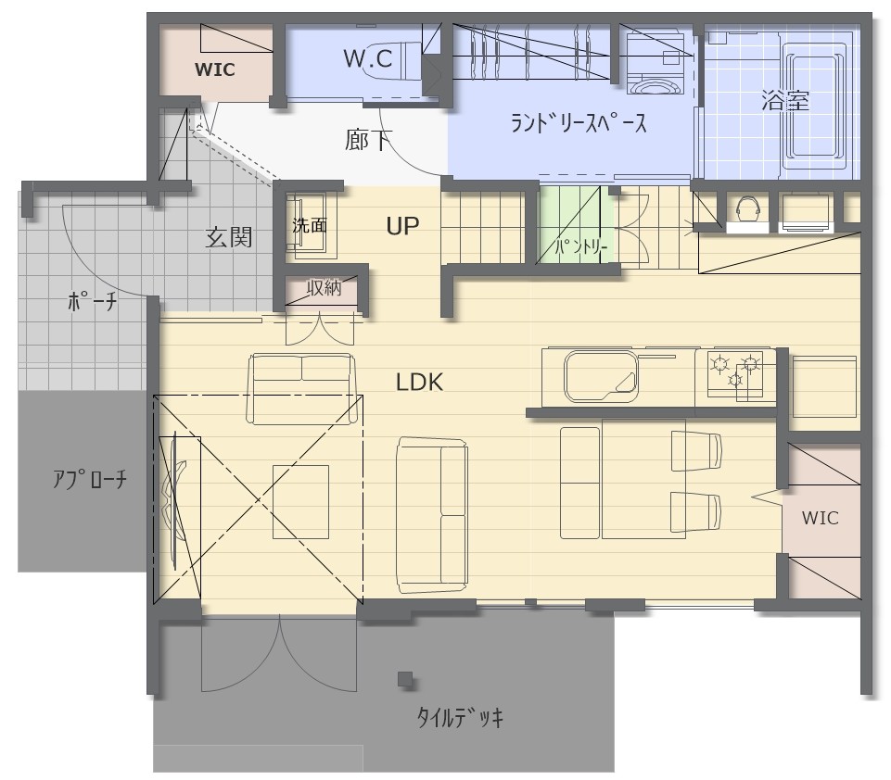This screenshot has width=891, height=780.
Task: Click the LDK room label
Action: point(419,382)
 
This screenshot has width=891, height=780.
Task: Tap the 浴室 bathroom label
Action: point(784,101)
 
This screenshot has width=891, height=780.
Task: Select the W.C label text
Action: point(368,58)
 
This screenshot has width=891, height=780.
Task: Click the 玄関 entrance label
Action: point(228,237)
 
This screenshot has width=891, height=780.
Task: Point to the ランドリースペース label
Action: point(579,122)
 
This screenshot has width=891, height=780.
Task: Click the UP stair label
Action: point(402,226)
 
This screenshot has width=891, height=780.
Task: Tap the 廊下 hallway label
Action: point(368,140)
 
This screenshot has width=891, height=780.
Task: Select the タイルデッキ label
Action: point(460,718)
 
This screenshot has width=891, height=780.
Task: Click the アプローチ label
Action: point(90,480)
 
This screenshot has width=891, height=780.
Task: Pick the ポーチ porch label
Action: point(92,301)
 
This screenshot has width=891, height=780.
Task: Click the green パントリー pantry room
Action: point(576,226)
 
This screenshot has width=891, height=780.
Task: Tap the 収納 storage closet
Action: point(322,291)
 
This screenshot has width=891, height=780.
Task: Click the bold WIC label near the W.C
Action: point(214,69)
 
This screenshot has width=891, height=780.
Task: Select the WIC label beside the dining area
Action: point(820,518)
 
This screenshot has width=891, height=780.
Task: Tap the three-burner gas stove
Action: point(734,372)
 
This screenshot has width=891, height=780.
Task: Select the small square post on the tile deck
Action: point(405,679)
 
